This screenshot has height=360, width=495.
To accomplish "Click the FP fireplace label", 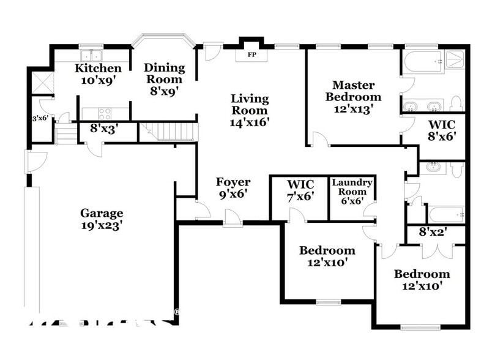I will [x=251, y=54].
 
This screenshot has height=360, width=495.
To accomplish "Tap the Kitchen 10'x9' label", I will [x=98, y=73].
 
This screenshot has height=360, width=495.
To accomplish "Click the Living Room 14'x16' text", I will [x=249, y=110].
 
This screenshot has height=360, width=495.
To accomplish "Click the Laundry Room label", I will [x=352, y=189].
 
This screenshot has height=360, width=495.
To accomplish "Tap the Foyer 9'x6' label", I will [x=233, y=188].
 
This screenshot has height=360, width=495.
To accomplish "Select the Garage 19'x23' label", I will [x=102, y=219].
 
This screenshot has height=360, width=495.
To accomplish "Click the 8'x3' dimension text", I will [x=104, y=129].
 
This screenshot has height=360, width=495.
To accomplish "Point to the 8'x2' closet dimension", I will [x=433, y=233].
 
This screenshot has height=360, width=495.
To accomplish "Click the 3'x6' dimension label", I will [x=40, y=119].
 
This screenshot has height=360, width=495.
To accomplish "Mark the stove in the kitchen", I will [x=105, y=113].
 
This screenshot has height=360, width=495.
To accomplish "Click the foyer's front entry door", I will [x=232, y=218].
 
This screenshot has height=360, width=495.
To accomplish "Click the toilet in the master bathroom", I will [x=456, y=103].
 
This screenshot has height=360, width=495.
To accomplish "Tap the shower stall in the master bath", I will [x=454, y=59].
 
